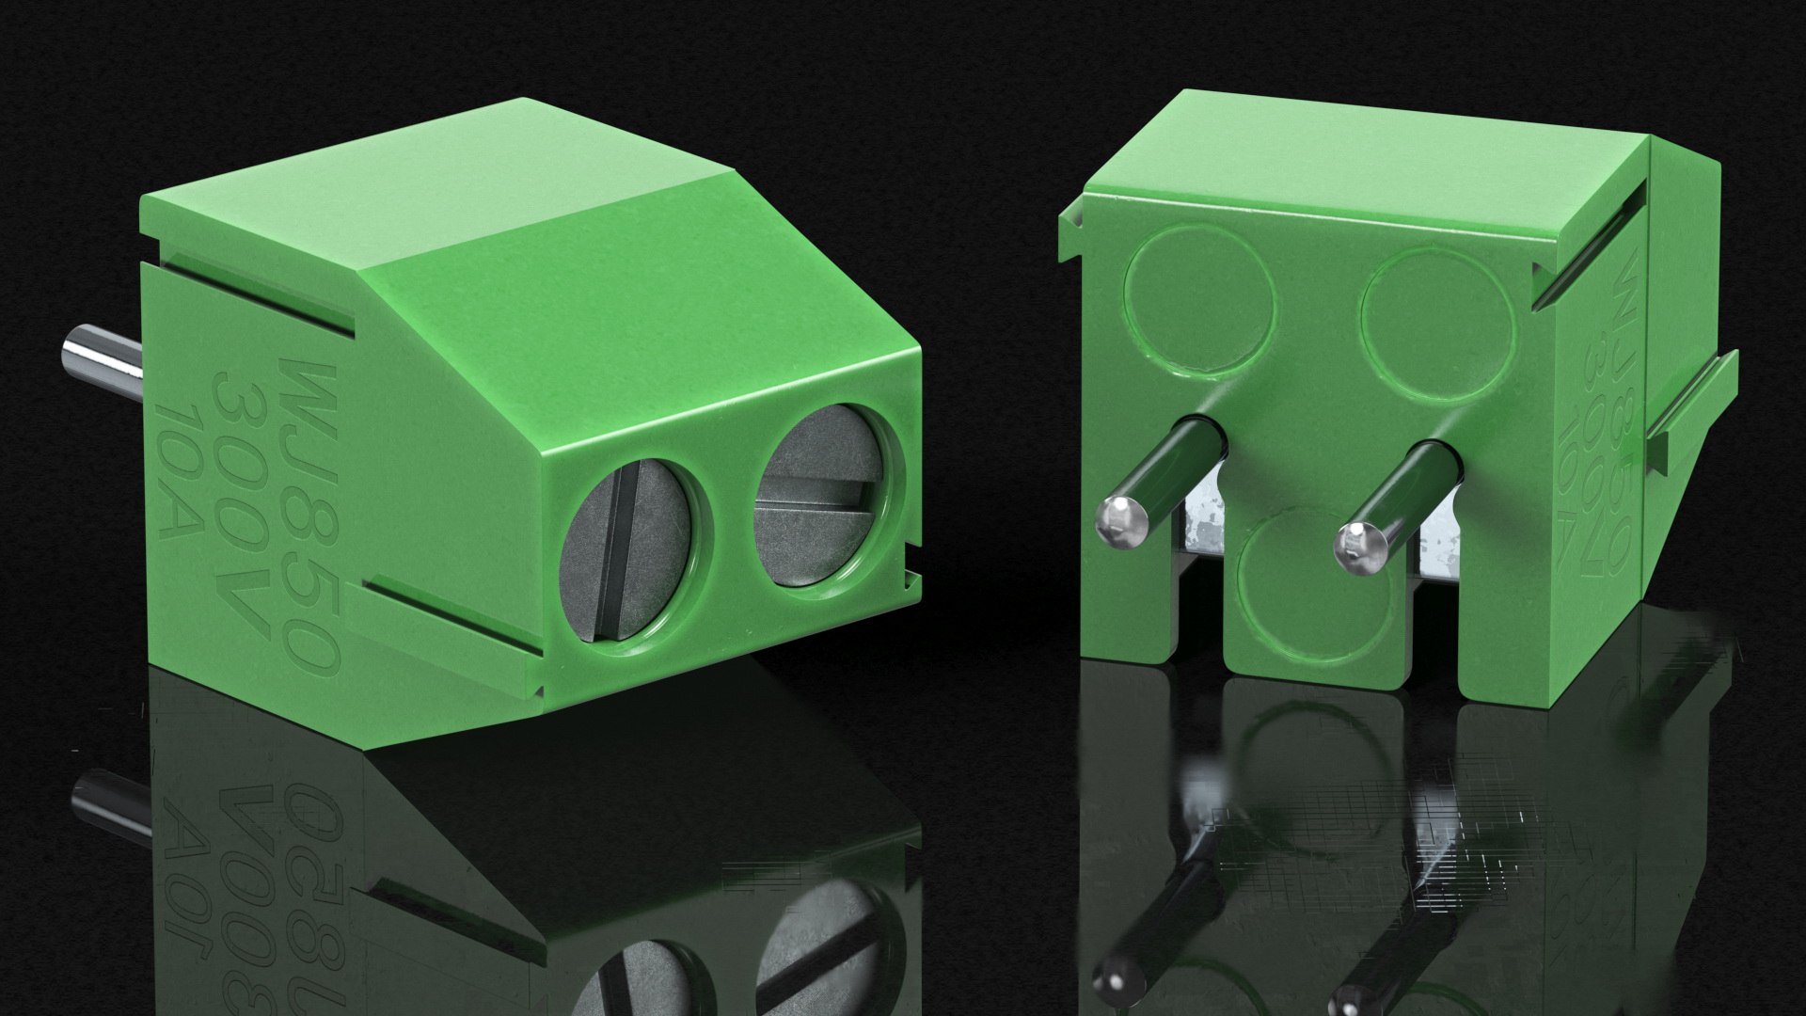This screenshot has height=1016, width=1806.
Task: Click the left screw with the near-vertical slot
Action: click(x=625, y=550)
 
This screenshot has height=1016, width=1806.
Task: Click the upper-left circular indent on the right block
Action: click(x=1202, y=297)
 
